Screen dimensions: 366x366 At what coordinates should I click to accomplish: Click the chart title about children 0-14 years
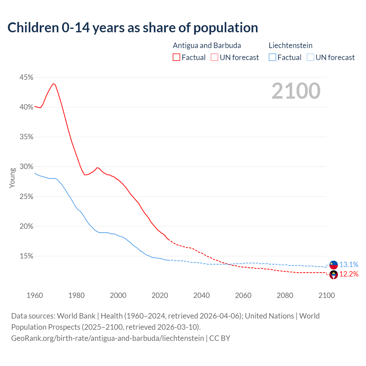coord(133,28)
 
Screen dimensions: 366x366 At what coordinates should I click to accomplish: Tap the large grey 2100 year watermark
coord(296,91)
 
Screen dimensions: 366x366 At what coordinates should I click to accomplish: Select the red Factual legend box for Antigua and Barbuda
coord(176,57)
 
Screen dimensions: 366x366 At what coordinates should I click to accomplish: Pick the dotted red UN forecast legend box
coord(214,57)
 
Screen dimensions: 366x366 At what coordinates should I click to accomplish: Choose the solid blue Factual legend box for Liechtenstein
coord(272,57)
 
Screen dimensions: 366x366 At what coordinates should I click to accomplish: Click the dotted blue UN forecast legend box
coord(310,57)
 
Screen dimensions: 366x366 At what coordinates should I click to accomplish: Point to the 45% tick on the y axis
coord(26,77)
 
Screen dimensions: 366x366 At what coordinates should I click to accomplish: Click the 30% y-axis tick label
coord(26,167)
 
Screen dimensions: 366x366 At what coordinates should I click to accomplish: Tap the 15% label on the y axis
coord(26,256)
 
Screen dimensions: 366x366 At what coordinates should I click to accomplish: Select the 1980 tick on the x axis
coord(76,295)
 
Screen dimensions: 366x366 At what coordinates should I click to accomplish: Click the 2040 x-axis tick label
coord(202,295)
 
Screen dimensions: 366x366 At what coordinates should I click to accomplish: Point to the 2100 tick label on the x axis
coord(327,295)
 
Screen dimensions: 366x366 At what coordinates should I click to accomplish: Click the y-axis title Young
coord(12,178)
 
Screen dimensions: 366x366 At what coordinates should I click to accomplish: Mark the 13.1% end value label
coord(349,264)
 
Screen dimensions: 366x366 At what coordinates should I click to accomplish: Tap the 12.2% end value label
coord(349,274)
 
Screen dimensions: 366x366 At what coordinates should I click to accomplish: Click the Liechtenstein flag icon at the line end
coord(334,265)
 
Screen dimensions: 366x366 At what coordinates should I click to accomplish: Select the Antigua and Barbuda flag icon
coord(334,275)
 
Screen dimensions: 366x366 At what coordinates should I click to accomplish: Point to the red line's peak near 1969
coord(53,84)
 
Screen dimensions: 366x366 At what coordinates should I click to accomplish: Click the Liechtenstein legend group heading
coord(291,45)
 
